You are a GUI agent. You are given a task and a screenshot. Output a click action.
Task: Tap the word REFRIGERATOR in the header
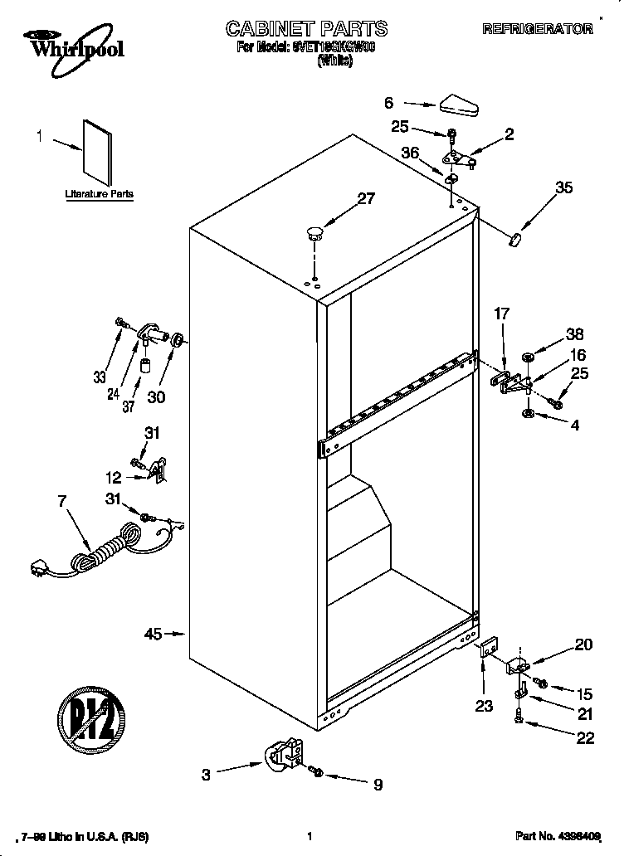point(538,29)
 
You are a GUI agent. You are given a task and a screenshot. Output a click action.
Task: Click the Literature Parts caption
point(99,194)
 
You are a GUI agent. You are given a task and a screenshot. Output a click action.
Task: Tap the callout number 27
point(366,198)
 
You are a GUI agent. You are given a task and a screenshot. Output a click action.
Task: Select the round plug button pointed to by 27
point(314,233)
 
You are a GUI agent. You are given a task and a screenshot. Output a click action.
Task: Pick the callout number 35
point(563,187)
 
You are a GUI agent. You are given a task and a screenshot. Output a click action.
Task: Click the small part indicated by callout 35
point(514,239)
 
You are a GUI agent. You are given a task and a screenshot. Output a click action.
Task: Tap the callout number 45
point(153,635)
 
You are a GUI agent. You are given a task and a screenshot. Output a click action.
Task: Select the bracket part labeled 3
point(284,756)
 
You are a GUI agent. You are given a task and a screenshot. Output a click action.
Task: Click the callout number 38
point(574,335)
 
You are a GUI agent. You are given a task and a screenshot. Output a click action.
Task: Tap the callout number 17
point(501,314)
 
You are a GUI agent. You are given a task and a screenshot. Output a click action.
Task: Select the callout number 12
point(113,478)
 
